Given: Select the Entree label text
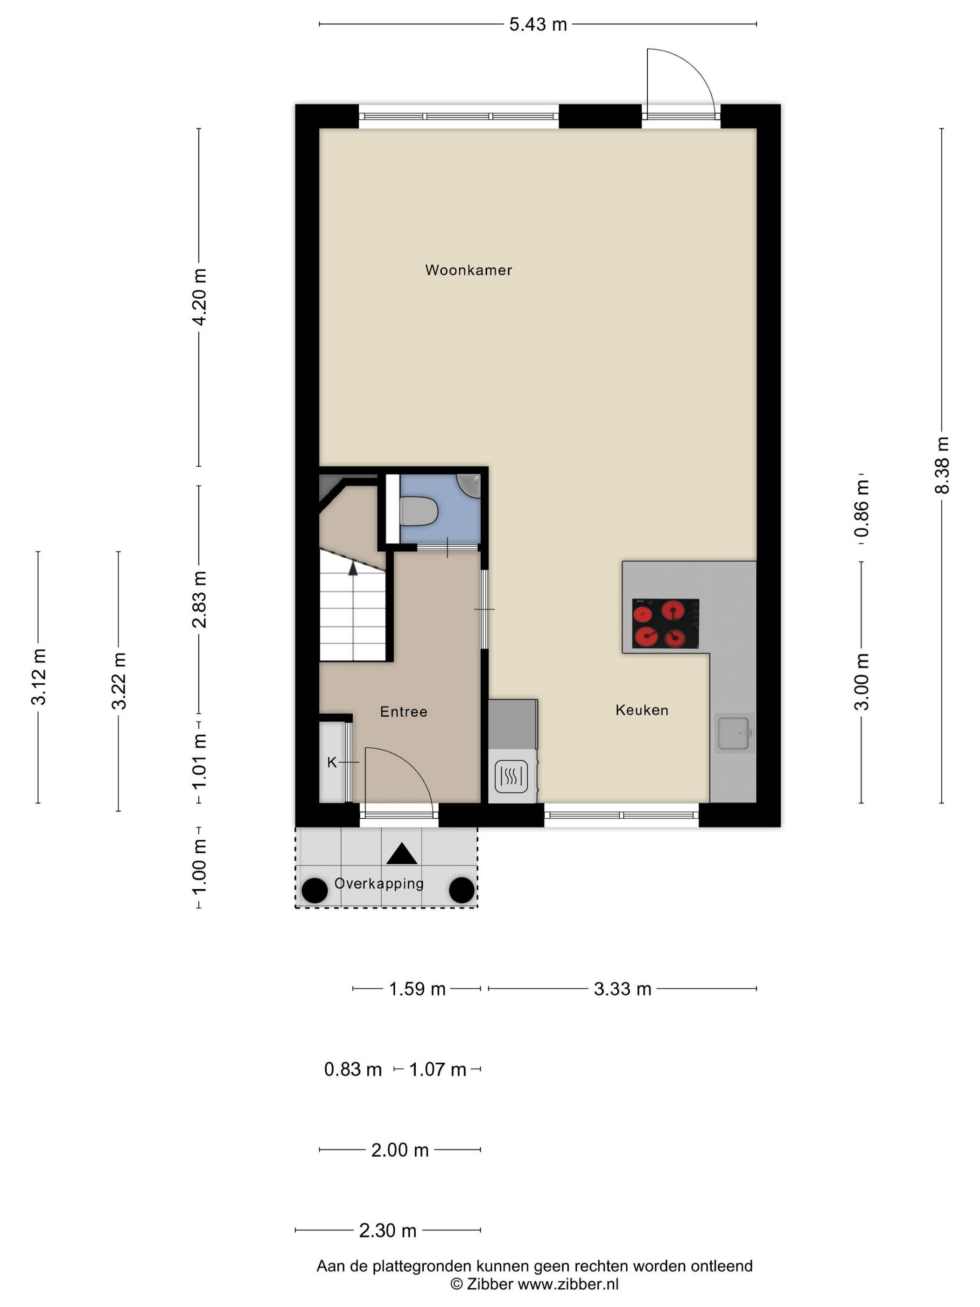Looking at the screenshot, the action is (x=404, y=711).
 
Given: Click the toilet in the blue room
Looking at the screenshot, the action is (x=418, y=511).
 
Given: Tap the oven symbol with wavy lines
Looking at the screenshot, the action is (x=511, y=776).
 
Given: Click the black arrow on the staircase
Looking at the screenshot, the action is (x=353, y=569).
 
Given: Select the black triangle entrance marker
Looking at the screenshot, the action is (x=402, y=853).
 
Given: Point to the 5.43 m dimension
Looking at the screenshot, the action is (x=538, y=24).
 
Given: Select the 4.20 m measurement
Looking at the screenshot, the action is (x=199, y=296).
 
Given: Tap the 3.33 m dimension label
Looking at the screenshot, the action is (x=623, y=989).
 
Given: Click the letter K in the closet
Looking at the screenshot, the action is (x=332, y=763).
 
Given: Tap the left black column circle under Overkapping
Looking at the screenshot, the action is (x=315, y=891).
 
